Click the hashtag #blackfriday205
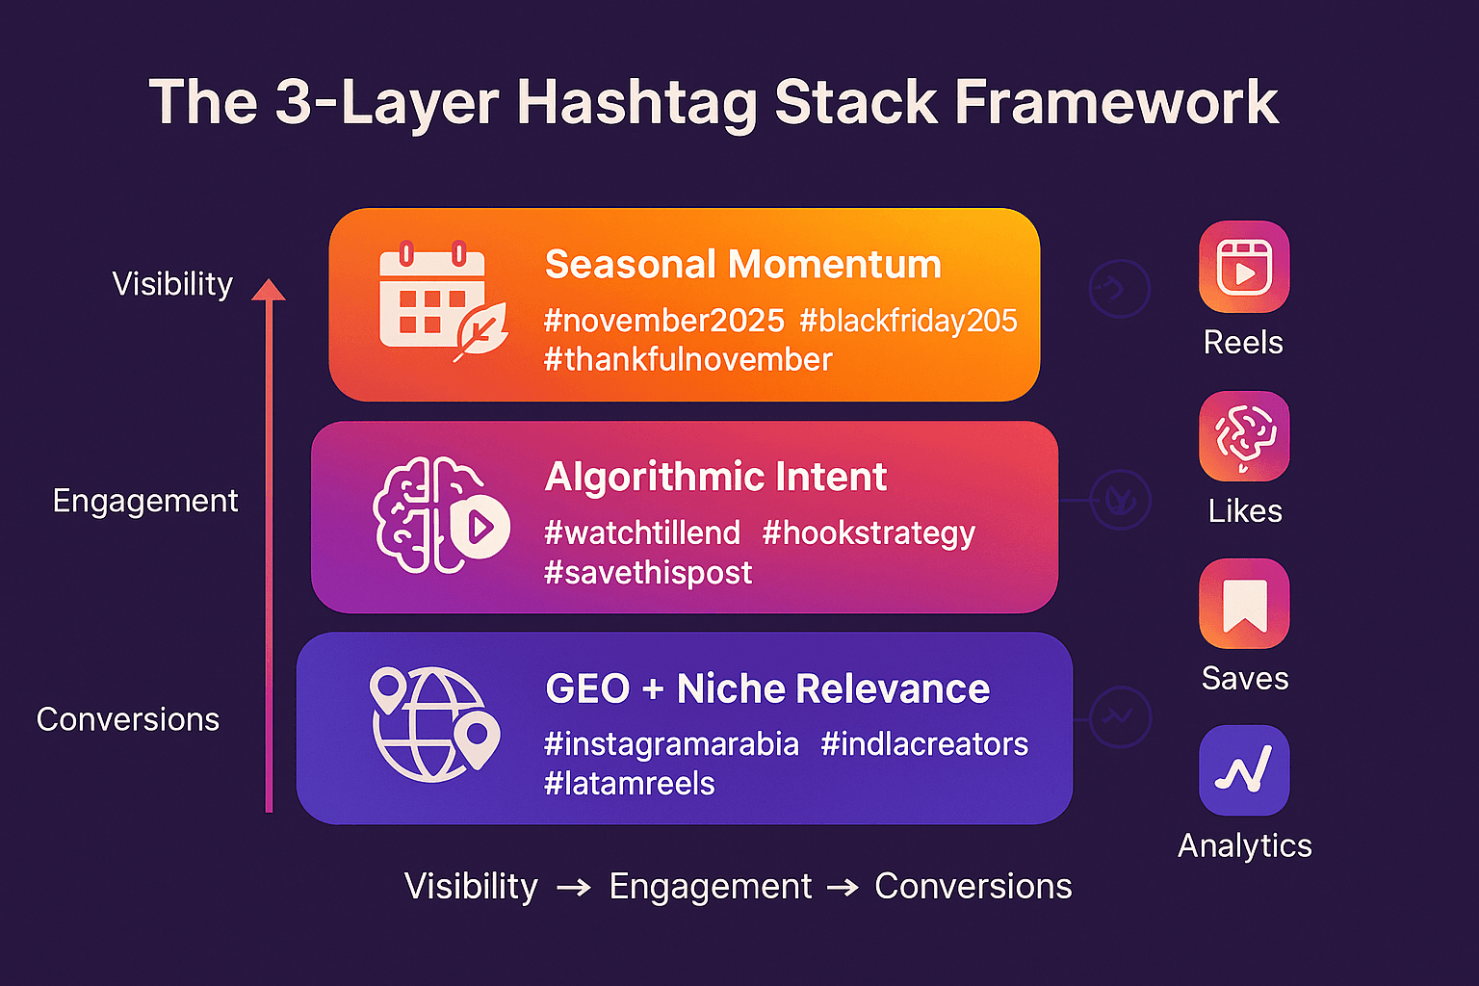(x=909, y=321)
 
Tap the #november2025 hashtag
(x=664, y=321)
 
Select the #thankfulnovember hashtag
(x=688, y=360)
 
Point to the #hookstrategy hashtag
(x=869, y=533)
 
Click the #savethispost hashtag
(x=648, y=573)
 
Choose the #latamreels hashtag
(x=629, y=784)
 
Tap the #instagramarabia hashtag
(x=671, y=745)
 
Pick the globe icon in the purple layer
(x=435, y=724)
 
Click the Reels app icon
(x=1244, y=267)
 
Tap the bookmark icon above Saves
(x=1244, y=604)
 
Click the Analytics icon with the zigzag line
(x=1244, y=770)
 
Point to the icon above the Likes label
(x=1244, y=436)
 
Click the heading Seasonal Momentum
(x=742, y=264)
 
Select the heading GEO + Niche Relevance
(x=767, y=688)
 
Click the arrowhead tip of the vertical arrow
(x=268, y=278)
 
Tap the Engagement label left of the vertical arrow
(x=145, y=502)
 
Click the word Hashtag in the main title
(x=637, y=103)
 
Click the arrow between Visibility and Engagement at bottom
(x=573, y=888)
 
